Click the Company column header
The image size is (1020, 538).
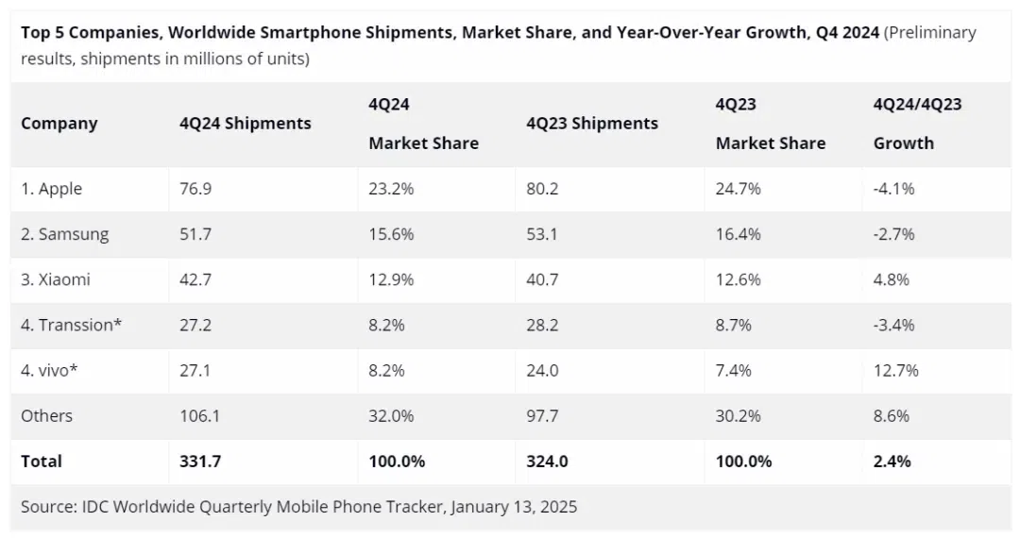pos(59,124)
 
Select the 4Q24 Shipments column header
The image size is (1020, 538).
pos(245,124)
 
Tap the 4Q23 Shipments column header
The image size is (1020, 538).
pos(592,124)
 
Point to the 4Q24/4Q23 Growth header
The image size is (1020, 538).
pos(917,124)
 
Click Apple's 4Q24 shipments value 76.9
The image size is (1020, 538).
pos(195,189)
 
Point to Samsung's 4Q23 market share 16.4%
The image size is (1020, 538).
pos(739,234)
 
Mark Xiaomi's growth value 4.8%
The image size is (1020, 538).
pos(892,279)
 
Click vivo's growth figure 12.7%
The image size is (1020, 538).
pos(896,370)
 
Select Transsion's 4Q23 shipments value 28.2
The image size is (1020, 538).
pos(542,325)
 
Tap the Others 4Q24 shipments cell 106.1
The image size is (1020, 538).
pos(199,415)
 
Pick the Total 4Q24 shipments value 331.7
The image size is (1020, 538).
pos(199,461)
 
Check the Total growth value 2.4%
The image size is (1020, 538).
pos(892,461)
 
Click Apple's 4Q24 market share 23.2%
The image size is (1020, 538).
pos(391,189)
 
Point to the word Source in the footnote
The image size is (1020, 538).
pos(49,507)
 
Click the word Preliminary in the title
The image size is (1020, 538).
pos(929,33)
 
